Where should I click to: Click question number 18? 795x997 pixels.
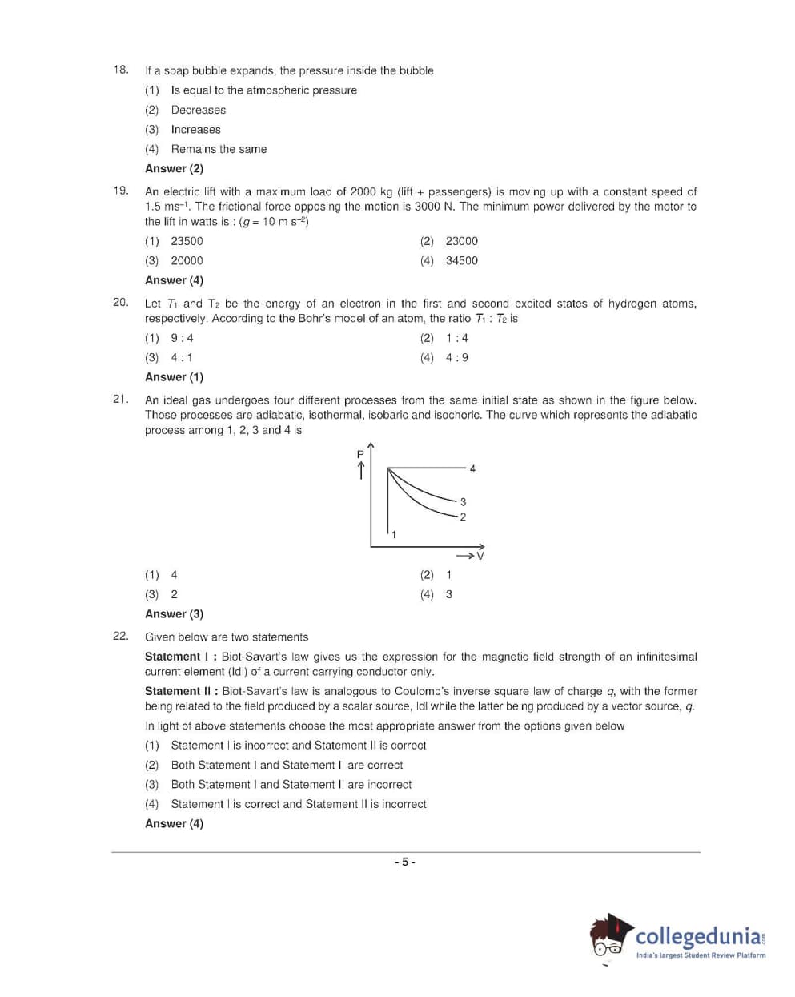tap(120, 70)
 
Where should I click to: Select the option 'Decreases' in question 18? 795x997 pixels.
tap(198, 110)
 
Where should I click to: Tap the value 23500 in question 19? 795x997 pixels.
tap(187, 241)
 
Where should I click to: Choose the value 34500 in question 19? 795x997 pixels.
tap(461, 260)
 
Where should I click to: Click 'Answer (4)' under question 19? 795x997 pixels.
tap(174, 280)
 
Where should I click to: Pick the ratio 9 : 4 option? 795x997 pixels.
tap(182, 338)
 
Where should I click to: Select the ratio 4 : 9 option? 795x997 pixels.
tap(456, 357)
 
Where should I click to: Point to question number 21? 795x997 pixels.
tap(120, 399)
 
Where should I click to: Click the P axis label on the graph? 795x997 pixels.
tap(360, 454)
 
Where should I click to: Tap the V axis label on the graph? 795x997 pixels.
tap(480, 555)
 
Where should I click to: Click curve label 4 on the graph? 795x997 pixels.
tap(472, 468)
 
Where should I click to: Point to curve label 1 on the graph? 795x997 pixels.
tap(393, 534)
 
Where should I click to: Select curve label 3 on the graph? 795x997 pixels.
tap(463, 502)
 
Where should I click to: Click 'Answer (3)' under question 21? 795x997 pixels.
tap(174, 614)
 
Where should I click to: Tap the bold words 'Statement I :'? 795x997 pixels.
tap(181, 657)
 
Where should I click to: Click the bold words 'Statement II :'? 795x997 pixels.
tap(182, 691)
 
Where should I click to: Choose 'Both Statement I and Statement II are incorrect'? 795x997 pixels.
tap(291, 785)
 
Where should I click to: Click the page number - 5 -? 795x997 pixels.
tap(404, 862)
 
